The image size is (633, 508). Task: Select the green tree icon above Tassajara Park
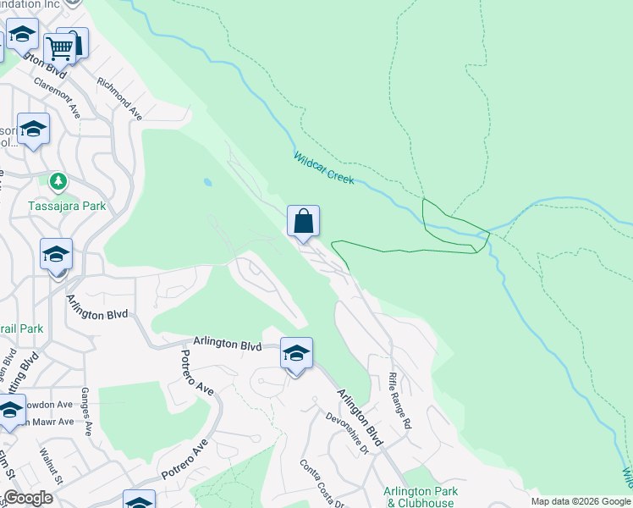point(58,182)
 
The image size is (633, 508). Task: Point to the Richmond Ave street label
point(119,98)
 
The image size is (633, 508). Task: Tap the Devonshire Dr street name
point(348,433)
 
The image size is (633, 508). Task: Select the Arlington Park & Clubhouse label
point(421,497)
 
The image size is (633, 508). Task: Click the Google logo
point(28,498)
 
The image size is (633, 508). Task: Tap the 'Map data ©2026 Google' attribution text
point(581,501)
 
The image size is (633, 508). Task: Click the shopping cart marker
point(59,47)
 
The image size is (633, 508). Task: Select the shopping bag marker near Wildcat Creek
point(303,222)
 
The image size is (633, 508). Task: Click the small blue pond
point(207,181)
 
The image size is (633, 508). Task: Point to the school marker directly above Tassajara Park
point(33,130)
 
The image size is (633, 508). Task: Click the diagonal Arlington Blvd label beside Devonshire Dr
point(361,418)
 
